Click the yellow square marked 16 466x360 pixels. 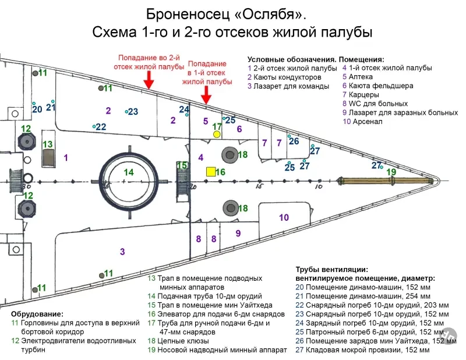point(211,172)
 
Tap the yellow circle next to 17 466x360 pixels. point(217,135)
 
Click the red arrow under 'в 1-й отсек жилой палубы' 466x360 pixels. point(206,95)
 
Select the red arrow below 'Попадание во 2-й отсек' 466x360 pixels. point(149,80)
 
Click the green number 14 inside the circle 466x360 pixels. point(129,172)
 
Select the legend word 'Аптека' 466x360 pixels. point(361,77)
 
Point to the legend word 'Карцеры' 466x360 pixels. point(363,94)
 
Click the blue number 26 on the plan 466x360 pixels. point(294,141)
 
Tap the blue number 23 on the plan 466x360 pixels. point(133,111)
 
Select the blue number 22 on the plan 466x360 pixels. point(101,127)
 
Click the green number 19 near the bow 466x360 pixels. point(391,172)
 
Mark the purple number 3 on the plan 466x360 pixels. point(122,252)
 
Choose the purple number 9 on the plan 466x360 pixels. point(238,234)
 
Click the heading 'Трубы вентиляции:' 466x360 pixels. point(331,270)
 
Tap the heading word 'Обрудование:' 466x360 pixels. point(37,314)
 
